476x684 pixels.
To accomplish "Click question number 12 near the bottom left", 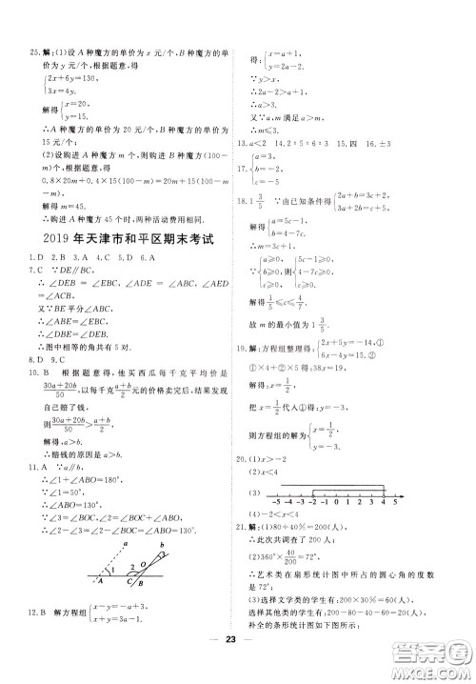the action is [32, 637].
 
